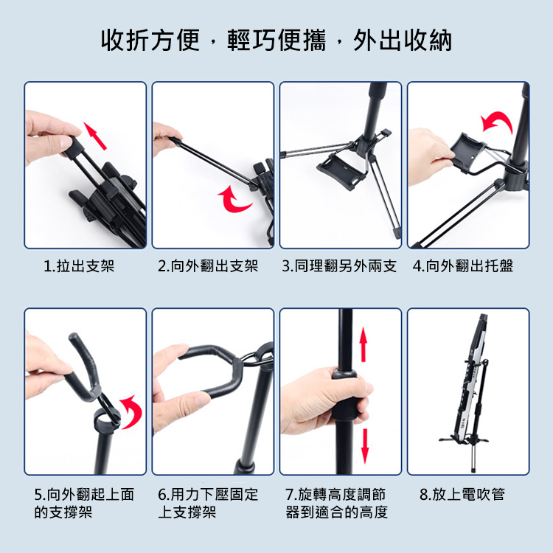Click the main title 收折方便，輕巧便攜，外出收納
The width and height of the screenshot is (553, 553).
point(276,40)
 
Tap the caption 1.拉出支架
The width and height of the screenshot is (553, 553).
point(79,265)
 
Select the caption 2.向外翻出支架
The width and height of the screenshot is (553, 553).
point(208,265)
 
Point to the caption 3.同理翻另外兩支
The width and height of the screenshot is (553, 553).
point(339,265)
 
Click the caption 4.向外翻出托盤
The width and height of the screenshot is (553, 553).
point(463,265)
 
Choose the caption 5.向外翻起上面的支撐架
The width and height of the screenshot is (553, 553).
point(84,503)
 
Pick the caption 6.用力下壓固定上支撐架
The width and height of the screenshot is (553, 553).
point(208,503)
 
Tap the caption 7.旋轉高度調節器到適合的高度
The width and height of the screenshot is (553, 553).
point(337,503)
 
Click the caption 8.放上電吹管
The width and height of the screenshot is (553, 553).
point(462,494)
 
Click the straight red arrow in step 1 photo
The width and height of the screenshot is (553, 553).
point(95,136)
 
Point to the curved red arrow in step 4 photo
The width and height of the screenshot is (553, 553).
point(497,122)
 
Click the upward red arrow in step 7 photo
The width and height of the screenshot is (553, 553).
point(364,344)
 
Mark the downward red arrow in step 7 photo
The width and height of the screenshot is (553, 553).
point(365,446)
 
